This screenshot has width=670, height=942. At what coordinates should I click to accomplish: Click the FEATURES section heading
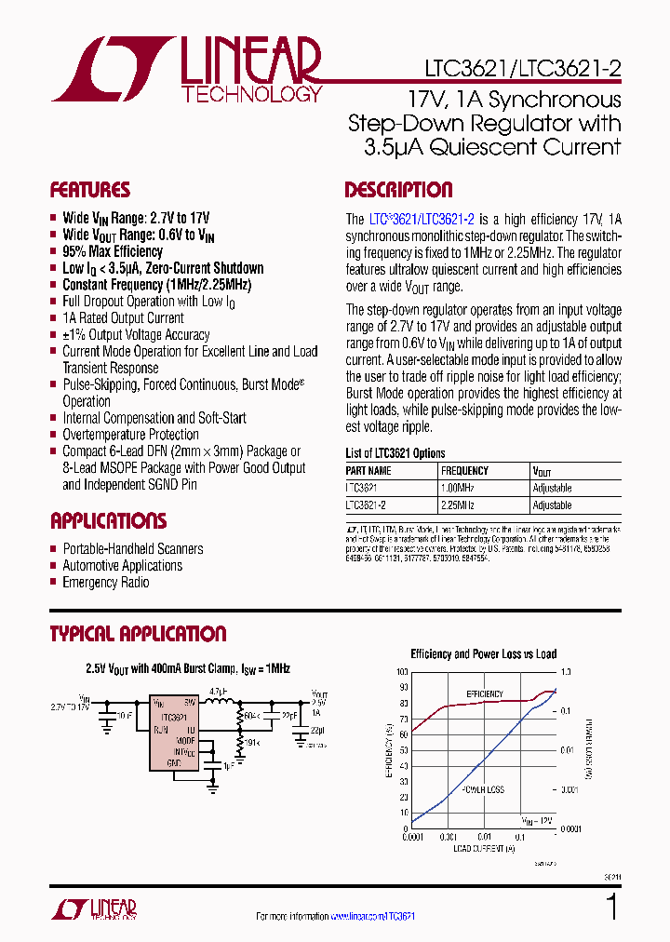pos(90,190)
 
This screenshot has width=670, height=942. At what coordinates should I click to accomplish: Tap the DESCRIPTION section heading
pos(398,190)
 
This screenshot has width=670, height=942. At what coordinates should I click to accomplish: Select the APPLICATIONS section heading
pos(109,520)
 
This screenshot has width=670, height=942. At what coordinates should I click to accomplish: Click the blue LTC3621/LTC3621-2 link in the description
pos(422,219)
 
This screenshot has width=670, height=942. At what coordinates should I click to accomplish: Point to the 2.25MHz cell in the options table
pos(458,505)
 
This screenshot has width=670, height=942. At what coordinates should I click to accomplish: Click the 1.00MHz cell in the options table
pos(458,488)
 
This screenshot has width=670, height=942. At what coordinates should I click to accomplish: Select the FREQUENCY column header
pos(464,471)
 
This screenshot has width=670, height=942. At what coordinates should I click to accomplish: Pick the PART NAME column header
pos(369,471)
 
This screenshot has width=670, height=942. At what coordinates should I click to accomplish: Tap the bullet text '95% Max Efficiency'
pos(113,251)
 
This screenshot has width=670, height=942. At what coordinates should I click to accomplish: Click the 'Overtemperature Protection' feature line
pos(130,435)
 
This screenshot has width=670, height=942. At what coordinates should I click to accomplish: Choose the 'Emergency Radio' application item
pos(105,583)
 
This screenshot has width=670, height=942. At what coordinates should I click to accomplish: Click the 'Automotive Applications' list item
pos(122,566)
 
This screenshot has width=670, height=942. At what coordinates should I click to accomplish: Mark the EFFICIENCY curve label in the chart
pos(484,694)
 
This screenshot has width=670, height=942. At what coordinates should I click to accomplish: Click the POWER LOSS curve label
pos(482,789)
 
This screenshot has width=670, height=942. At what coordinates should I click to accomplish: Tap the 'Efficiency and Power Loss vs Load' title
pos(484,654)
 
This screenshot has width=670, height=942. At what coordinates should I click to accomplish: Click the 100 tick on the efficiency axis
pos(402,671)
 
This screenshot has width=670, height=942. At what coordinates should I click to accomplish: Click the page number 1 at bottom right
pos(611,906)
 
